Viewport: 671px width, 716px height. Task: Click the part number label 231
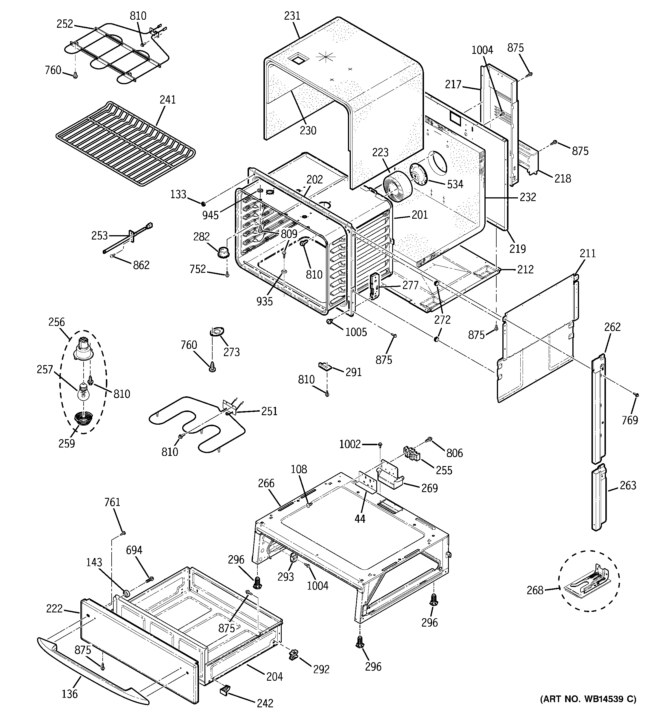point(292,16)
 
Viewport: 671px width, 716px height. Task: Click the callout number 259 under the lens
point(67,443)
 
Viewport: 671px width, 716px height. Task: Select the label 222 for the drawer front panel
point(54,609)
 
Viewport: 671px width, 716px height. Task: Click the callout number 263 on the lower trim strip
point(628,485)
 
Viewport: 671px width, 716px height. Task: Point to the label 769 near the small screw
point(630,420)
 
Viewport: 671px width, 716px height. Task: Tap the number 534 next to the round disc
point(455,184)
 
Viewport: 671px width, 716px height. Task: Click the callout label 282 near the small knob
point(201,237)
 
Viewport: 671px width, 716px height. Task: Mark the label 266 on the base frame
point(266,483)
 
